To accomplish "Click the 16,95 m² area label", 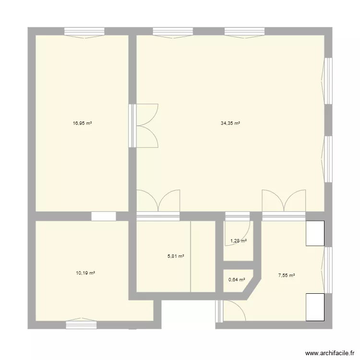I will click(x=82, y=123).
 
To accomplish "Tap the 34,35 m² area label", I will click(x=230, y=123).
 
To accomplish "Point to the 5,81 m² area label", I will click(x=176, y=256).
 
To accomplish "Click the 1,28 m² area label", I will click(x=239, y=241).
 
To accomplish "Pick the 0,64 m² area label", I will click(x=237, y=280).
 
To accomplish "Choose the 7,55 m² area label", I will click(x=287, y=276).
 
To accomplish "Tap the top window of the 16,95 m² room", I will click(x=84, y=32).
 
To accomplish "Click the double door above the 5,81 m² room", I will click(x=158, y=204).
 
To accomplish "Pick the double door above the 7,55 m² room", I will click(x=283, y=204).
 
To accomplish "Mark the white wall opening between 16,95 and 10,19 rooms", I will click(x=103, y=216).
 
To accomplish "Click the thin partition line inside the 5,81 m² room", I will click(x=191, y=256).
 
